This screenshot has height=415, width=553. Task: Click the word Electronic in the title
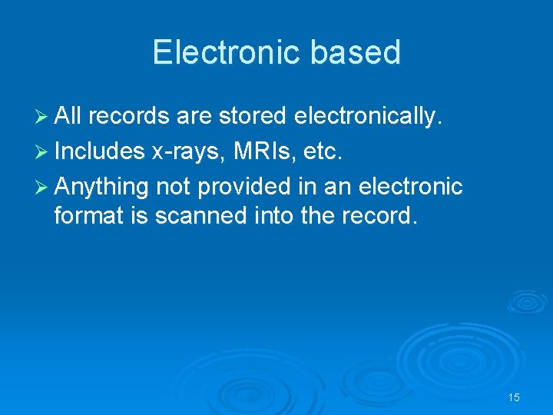[x=227, y=52]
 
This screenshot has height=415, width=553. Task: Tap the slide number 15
[x=514, y=397]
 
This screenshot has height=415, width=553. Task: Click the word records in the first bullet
[x=128, y=116]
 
